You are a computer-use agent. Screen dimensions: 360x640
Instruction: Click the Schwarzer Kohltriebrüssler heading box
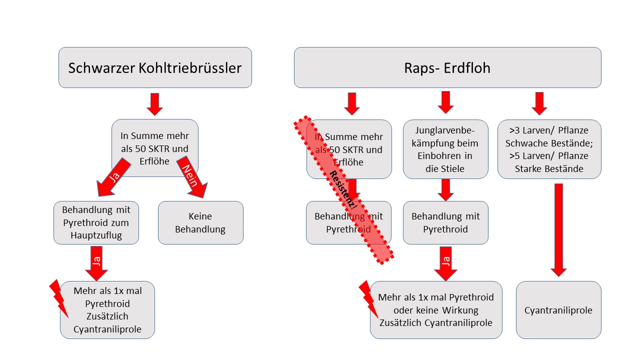coord(155,67)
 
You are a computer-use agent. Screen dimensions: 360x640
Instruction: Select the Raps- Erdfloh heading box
coord(447,67)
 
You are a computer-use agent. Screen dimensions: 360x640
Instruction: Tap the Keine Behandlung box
coord(200,223)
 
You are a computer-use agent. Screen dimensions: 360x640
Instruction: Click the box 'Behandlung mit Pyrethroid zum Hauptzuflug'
coord(95,222)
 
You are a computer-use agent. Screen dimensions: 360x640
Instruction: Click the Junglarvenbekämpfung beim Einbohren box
coord(445,149)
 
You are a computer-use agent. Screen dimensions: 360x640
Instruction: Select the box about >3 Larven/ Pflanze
coord(549,149)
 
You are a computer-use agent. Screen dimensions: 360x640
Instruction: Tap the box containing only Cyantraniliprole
coord(558,310)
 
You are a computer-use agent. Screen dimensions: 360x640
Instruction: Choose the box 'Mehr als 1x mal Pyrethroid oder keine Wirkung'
coord(435,310)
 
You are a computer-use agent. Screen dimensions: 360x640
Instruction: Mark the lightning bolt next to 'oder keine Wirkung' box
coord(369,298)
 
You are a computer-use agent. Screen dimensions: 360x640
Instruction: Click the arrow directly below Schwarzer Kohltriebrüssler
coord(154,103)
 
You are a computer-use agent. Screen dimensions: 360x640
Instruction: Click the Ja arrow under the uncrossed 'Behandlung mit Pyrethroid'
coord(445,262)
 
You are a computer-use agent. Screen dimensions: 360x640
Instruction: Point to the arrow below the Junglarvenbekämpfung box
coord(445,189)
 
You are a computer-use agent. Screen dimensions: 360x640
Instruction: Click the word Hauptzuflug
coord(95,235)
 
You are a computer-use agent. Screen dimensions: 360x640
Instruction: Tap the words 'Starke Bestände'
coord(549,168)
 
